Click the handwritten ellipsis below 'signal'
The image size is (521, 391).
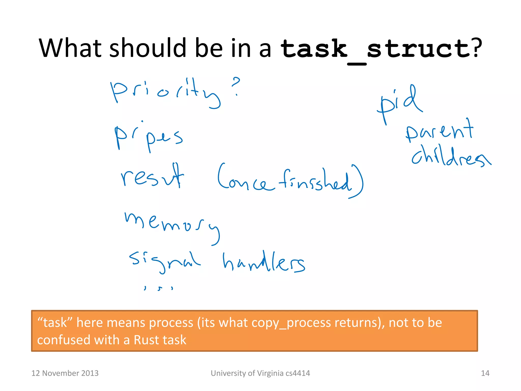158,288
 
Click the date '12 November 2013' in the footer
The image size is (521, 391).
65,373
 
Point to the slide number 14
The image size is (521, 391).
485,373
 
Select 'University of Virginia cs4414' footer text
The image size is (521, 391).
260,373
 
